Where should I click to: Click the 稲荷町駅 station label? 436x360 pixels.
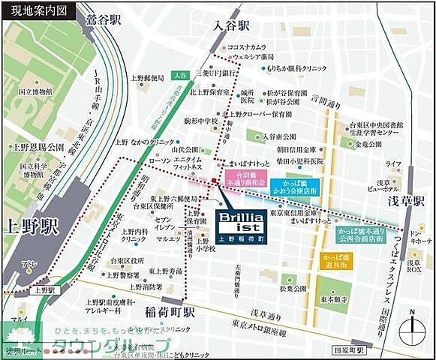[170, 310]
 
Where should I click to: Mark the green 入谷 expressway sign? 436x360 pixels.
[179, 74]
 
